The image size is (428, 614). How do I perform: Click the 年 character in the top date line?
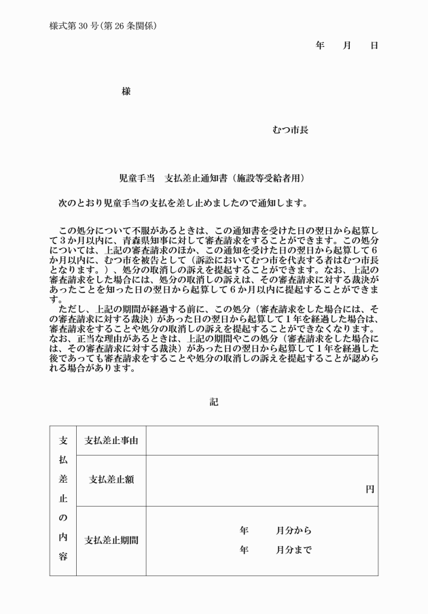point(320,46)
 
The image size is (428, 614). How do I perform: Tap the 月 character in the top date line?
point(346,46)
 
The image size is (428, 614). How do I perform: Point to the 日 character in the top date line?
point(374,46)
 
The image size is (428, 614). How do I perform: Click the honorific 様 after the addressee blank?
point(126,92)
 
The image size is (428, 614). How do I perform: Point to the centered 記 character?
point(214,402)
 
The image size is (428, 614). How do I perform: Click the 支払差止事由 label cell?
point(111,441)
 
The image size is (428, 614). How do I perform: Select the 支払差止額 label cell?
point(111,479)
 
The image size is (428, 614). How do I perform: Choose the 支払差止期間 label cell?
point(111,541)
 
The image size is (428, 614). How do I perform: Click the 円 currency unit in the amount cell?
point(370,489)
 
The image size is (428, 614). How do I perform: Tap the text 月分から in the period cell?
point(293,530)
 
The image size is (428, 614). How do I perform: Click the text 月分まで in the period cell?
point(293,550)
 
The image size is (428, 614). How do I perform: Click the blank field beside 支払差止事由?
point(262,441)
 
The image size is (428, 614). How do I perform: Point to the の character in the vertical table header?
point(63,517)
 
